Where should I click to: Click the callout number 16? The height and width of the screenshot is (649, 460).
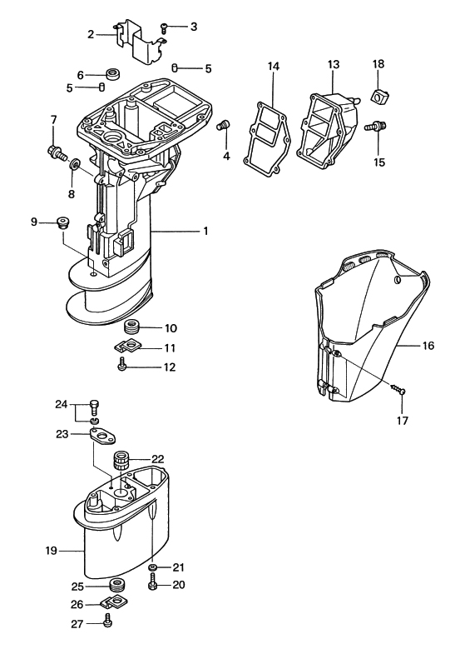point(428,345)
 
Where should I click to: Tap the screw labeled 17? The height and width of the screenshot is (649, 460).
point(397,389)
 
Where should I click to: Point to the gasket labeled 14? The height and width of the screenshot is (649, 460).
point(267,138)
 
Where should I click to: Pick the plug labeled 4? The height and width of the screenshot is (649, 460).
point(224,124)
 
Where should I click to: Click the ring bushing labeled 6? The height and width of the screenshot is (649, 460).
point(112,74)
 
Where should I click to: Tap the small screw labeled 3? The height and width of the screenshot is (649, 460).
point(163,28)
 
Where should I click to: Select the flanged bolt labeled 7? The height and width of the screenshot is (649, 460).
point(57,152)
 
